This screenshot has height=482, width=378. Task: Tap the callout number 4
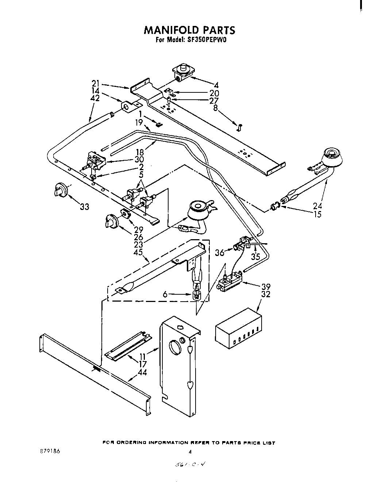click(x=216, y=85)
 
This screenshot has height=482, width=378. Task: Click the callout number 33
click(x=85, y=207)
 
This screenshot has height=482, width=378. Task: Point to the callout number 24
click(x=317, y=206)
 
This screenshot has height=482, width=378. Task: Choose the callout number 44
click(x=142, y=372)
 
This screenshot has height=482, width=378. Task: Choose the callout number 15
click(x=317, y=214)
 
